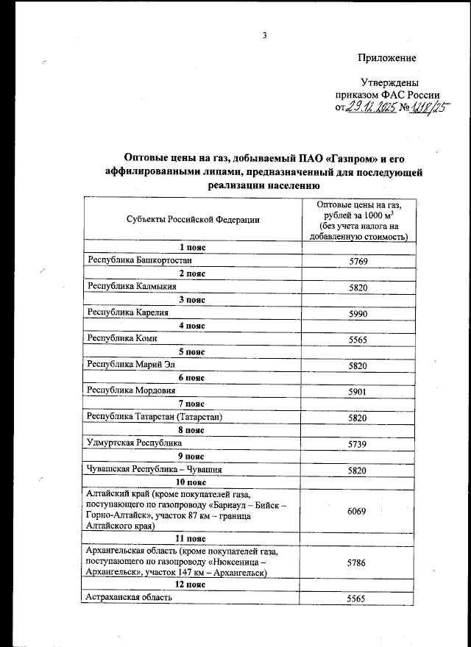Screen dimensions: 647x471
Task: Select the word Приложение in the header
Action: [x=386, y=58]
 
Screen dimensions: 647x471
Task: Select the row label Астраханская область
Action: [x=130, y=598]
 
